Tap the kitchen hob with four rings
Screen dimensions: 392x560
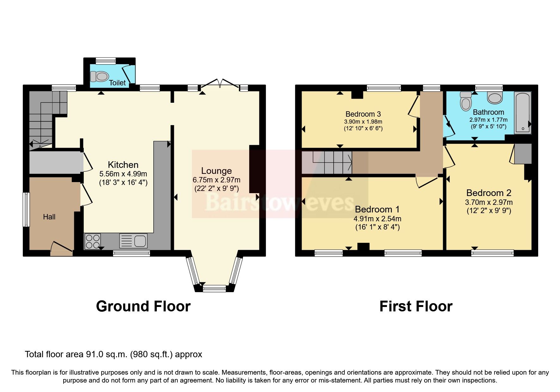coord(93,242)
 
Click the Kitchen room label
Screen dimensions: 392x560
coord(123,165)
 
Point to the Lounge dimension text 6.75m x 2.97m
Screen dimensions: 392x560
coord(216,180)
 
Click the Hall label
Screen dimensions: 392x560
coord(49,217)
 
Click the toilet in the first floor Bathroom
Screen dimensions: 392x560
coord(465,101)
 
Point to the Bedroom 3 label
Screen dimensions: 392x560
coord(363,114)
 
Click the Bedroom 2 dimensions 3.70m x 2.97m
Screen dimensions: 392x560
coord(489,202)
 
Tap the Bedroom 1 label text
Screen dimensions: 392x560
coord(377,209)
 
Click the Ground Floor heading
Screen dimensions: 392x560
coord(143,306)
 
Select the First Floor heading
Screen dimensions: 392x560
coord(416,306)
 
